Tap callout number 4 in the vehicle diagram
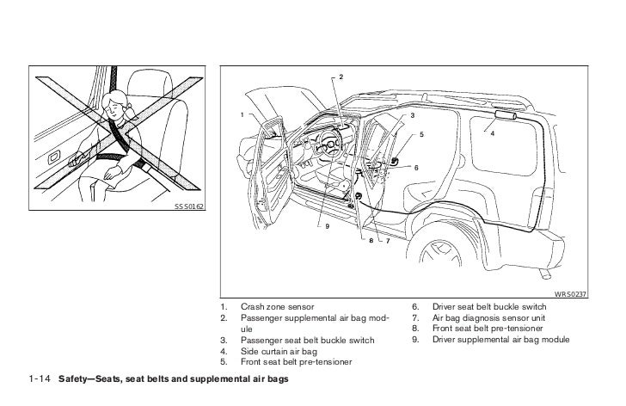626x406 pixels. click(492, 133)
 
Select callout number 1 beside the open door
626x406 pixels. click(242, 114)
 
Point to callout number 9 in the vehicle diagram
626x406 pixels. click(327, 226)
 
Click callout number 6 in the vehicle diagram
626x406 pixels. click(416, 167)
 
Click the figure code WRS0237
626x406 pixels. click(569, 293)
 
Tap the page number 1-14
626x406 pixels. click(40, 379)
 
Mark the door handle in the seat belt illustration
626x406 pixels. click(55, 157)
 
